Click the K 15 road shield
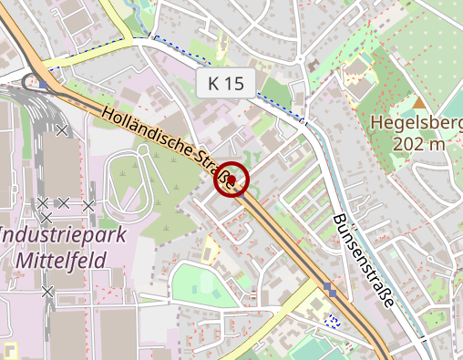click(226, 84)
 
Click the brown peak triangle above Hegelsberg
click(419, 103)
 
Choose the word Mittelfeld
click(61, 259)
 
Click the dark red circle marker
click(231, 180)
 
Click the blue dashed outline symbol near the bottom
click(334, 320)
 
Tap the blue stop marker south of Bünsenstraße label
click(329, 292)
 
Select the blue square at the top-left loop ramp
click(43, 85)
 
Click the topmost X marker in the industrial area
click(62, 130)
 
